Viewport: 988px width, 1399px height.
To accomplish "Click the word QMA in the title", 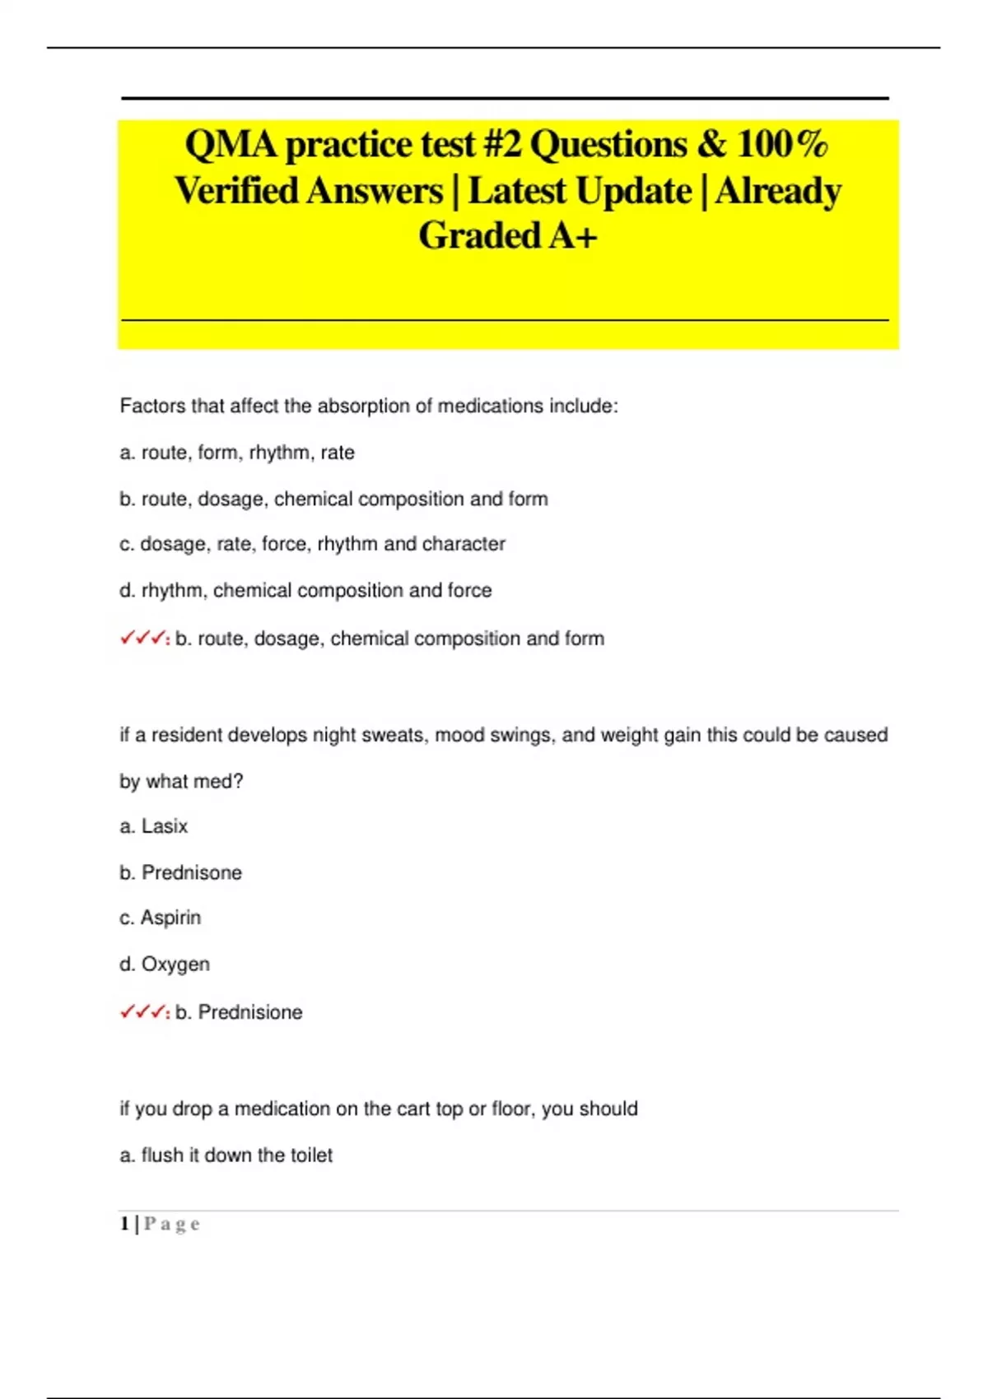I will [231, 145].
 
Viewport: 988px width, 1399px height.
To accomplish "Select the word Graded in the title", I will [479, 235].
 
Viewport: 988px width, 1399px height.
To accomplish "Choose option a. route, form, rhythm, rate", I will [237, 453].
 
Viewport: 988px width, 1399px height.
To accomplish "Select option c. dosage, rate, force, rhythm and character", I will [312, 544].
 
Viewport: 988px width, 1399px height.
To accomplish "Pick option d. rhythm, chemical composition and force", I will [305, 590].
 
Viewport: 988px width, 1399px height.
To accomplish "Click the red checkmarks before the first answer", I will [143, 638].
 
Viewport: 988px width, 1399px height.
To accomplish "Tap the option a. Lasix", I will [154, 826].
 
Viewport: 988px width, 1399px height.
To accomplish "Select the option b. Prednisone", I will [181, 872].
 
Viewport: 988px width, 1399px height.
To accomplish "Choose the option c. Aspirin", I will [161, 918].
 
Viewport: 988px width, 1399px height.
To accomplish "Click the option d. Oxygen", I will [165, 964].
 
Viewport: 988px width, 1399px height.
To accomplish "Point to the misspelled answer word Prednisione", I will [250, 1012].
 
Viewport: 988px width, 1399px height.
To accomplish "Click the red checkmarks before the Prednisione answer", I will [143, 1011].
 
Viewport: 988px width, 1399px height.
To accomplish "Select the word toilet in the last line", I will [310, 1155].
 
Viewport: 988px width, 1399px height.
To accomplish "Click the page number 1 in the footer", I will [124, 1224].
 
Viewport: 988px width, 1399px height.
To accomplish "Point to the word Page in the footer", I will [171, 1224].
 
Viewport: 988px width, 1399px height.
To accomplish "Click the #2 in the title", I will [501, 145].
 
